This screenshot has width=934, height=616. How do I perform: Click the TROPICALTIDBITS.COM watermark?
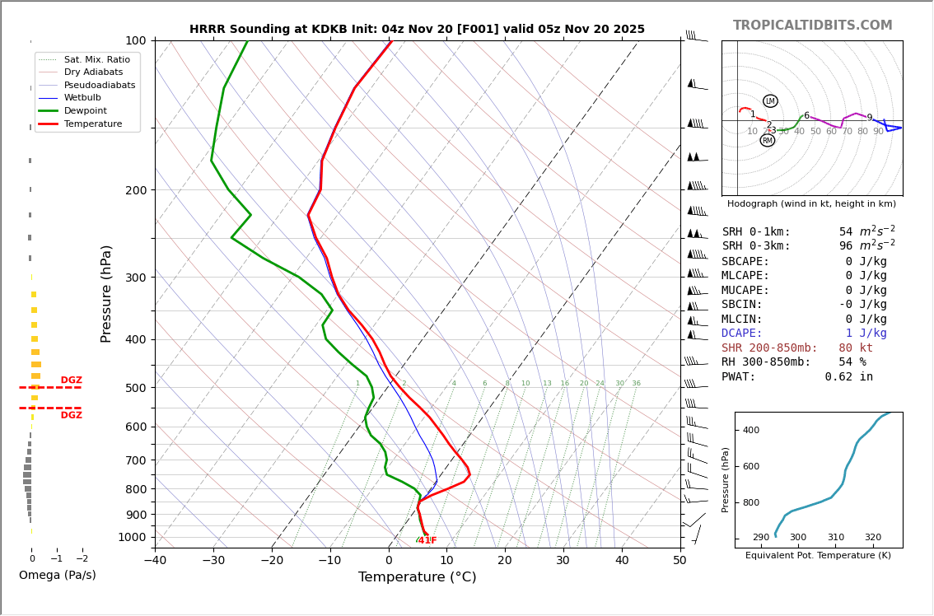point(812,26)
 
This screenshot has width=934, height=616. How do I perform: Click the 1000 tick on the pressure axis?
point(133,537)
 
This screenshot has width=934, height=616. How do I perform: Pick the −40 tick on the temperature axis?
point(155,561)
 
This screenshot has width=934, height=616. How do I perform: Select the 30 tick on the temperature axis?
point(563,561)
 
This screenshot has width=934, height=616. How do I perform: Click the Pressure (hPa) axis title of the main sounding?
point(106,293)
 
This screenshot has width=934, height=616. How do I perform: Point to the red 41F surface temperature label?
point(427,540)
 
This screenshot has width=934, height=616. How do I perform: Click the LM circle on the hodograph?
point(770,101)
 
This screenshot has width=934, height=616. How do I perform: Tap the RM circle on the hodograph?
point(768,141)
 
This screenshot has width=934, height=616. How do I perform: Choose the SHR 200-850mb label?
point(769,348)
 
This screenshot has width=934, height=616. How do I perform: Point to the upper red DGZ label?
point(72,380)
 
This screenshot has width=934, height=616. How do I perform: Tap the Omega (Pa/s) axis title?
point(58,575)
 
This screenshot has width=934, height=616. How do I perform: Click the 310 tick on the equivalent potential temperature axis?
point(836,538)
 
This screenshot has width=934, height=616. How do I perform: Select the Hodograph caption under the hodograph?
point(811,203)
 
